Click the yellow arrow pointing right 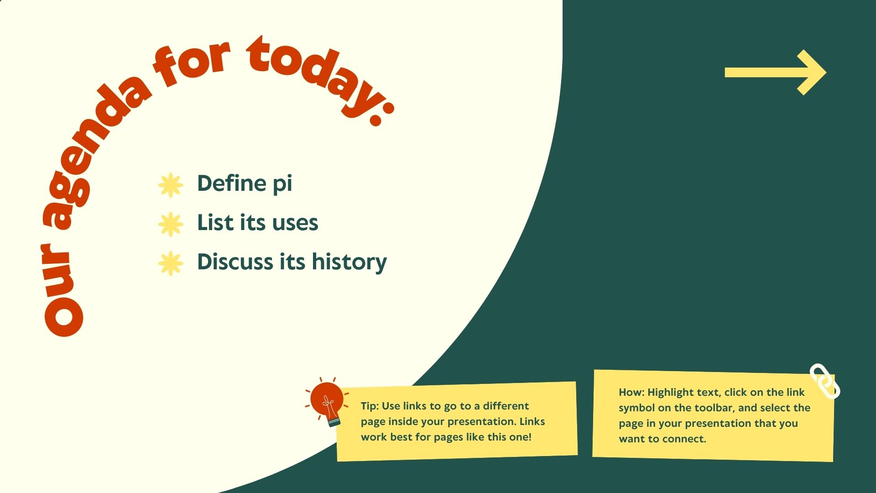pos(776,73)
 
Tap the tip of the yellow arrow pos(826,73)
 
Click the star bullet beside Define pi pos(171,185)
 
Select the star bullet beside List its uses pos(171,224)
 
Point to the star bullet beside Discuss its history pos(171,263)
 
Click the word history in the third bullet pos(349,263)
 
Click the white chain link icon pos(825,381)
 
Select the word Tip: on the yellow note pos(370,406)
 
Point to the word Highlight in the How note pos(671,393)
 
